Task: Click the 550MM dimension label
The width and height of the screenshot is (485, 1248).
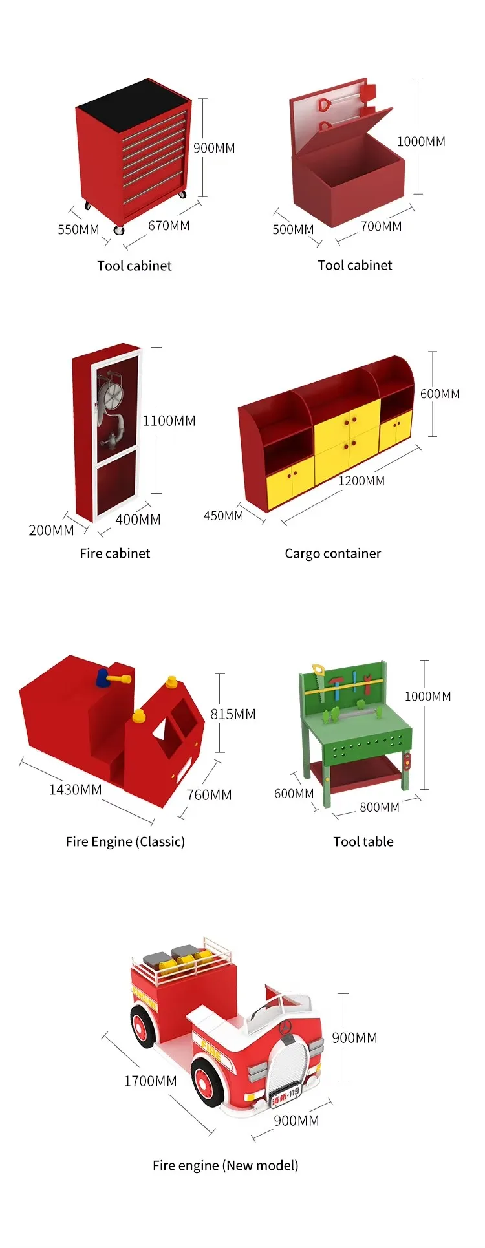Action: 78,229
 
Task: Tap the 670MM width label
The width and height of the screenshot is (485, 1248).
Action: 169,226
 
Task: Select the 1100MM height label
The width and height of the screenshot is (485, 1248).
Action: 169,421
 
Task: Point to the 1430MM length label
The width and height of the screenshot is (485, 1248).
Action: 75,789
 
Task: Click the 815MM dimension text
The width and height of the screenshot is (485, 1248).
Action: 233,714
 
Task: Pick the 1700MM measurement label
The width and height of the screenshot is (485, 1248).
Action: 150,1081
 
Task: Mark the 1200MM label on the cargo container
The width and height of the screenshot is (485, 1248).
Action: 361,481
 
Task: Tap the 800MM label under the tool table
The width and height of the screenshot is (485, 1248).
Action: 380,807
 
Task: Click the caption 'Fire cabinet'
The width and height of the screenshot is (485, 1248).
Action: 115,553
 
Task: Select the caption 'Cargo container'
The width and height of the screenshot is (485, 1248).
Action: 333,553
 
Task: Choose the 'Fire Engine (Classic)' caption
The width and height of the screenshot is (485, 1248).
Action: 125,841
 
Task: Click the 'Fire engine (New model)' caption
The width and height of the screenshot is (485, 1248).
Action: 226,1165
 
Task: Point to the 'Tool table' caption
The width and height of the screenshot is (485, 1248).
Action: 363,841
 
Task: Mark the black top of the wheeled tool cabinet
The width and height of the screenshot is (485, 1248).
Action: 133,105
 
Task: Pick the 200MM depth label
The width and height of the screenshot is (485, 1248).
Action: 51,531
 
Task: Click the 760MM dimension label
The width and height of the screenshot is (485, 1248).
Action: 209,795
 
